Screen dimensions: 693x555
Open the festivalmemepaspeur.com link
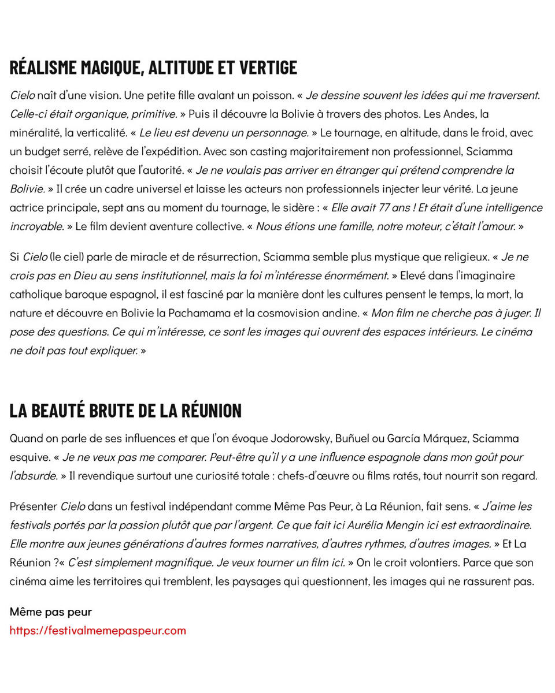(x=98, y=630)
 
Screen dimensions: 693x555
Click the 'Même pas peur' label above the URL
(x=51, y=612)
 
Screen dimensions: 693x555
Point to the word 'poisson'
(x=272, y=95)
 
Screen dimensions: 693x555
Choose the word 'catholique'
(x=34, y=295)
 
